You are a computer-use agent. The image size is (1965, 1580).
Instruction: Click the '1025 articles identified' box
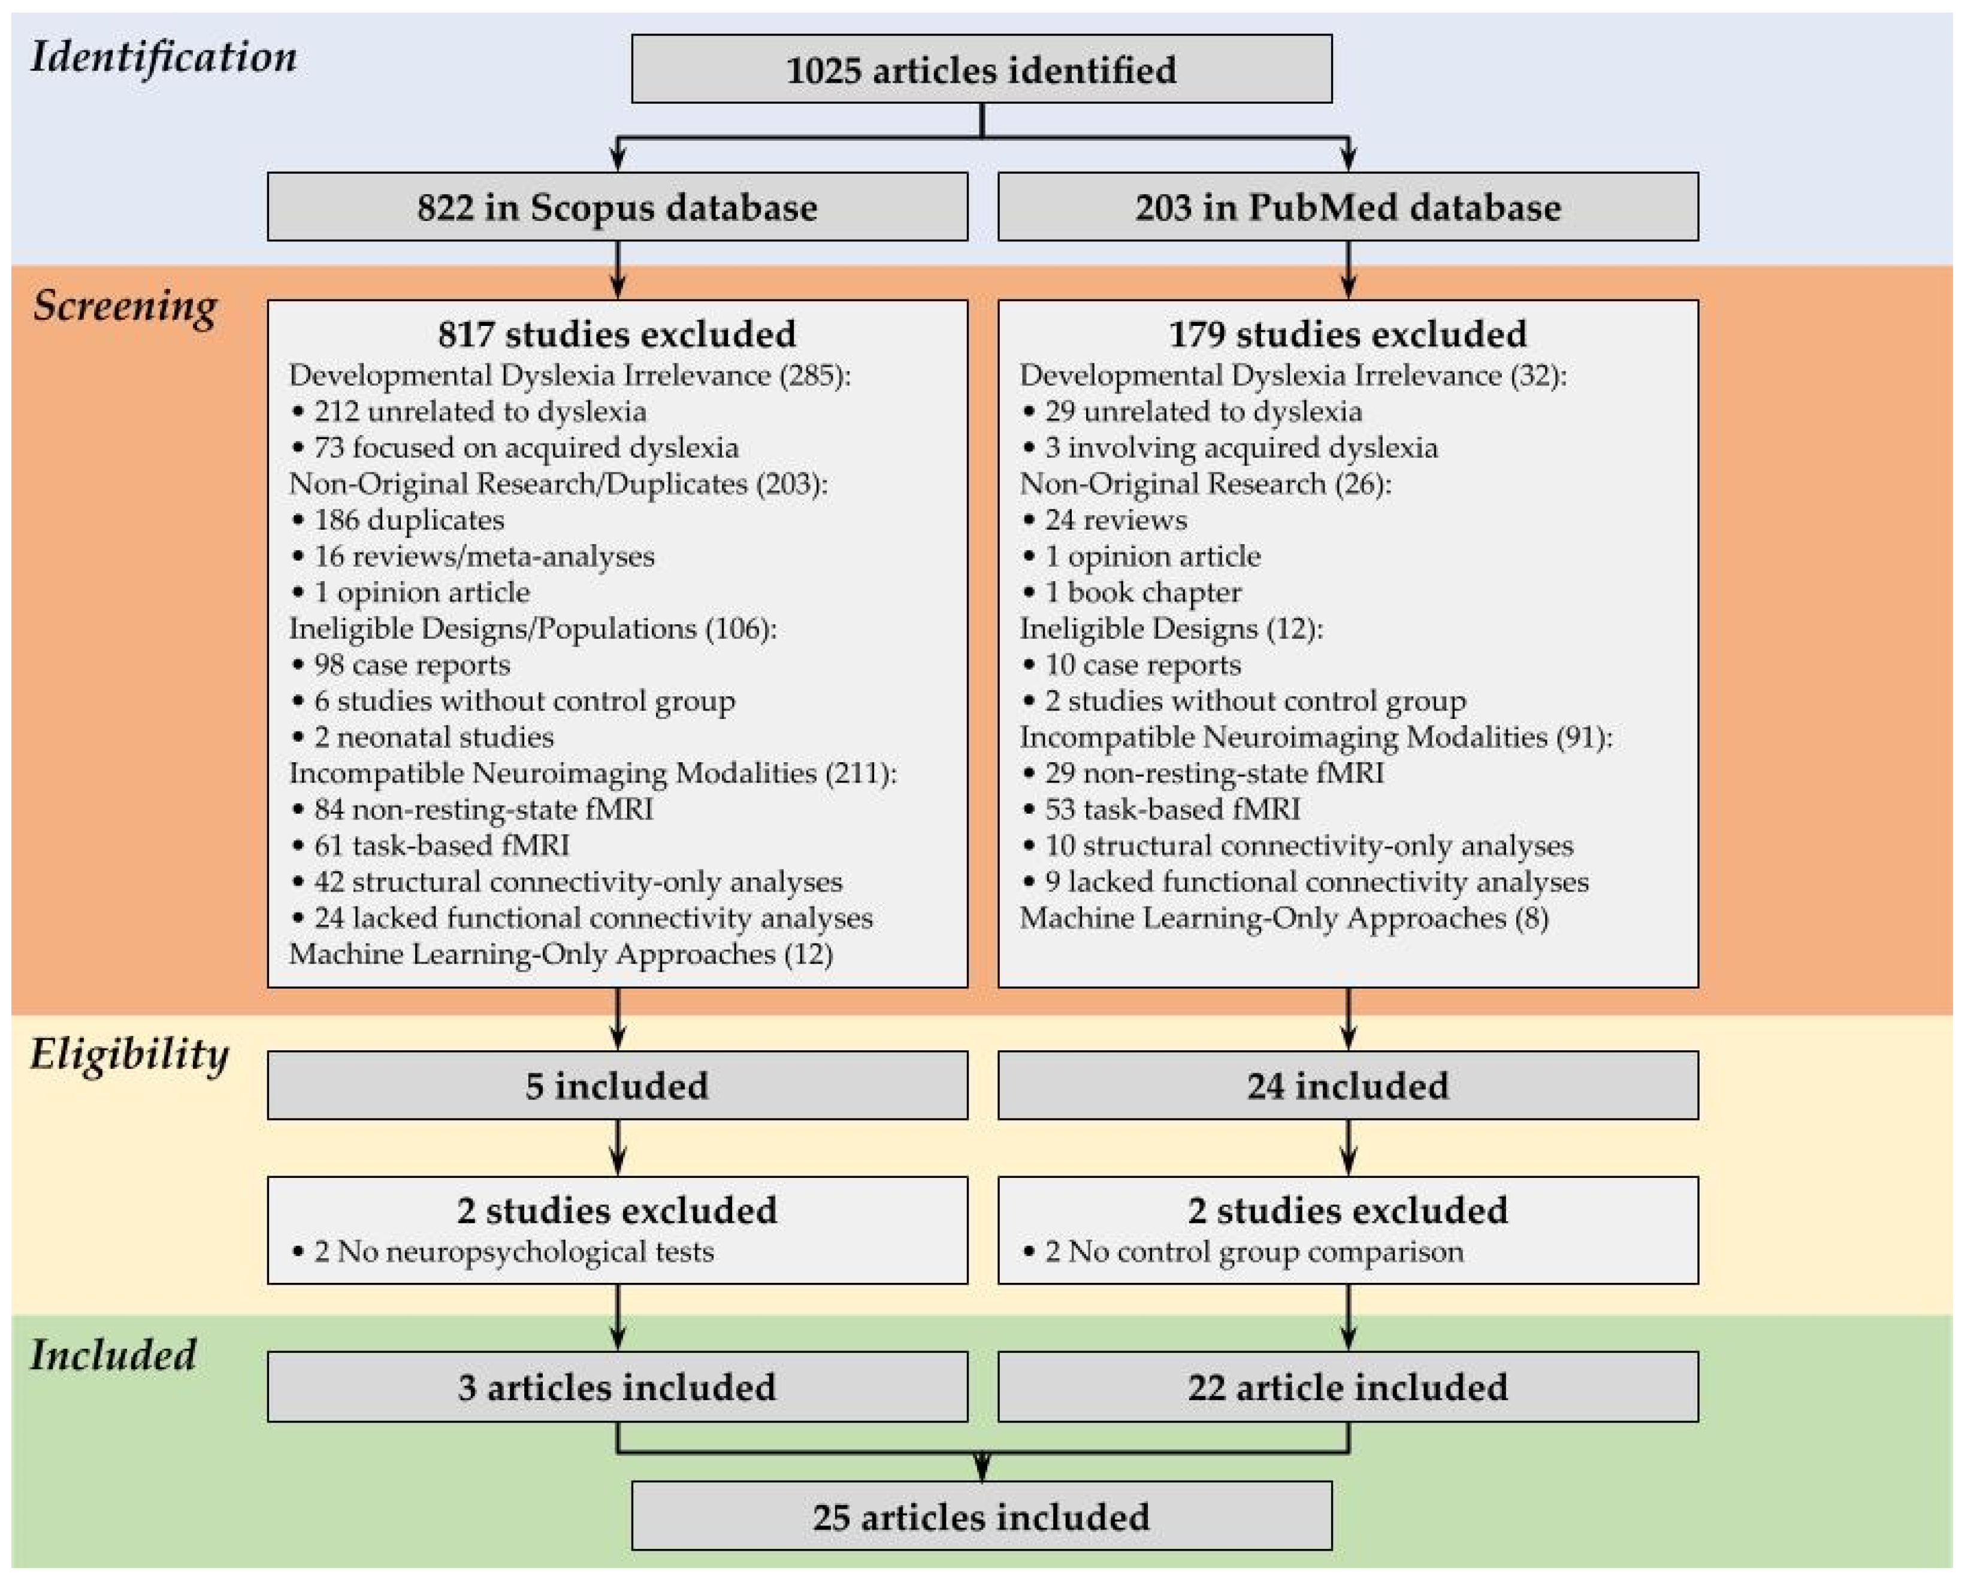coord(981,70)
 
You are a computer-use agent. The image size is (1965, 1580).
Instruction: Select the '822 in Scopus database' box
coord(617,207)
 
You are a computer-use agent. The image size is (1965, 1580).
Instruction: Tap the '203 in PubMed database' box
coord(1347,207)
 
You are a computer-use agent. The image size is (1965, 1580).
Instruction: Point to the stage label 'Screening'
coord(125,306)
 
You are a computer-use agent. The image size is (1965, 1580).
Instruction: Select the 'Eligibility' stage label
coord(129,1055)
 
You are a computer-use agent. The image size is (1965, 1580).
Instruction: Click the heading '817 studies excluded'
coord(617,334)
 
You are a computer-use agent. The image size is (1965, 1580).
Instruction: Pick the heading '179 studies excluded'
coord(1347,334)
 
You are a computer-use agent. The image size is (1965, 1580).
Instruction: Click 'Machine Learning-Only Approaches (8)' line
coord(1283,917)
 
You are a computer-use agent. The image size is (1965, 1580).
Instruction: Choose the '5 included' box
coord(617,1085)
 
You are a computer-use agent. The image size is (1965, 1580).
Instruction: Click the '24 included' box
coord(1347,1085)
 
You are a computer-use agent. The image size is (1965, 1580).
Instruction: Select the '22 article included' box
coord(1347,1386)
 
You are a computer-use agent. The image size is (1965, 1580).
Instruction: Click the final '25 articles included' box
coord(981,1517)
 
